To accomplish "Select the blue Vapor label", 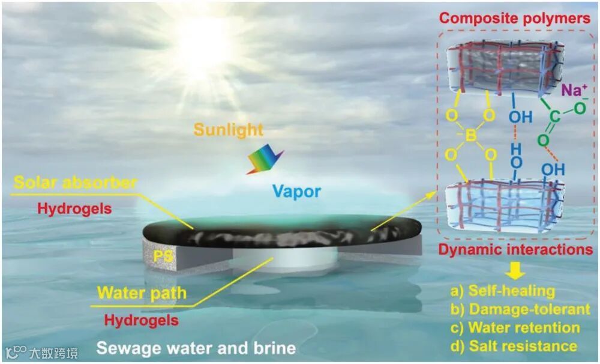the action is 296,192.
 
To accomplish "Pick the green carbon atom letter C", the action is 554,117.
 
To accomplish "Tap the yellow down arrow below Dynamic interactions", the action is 514,271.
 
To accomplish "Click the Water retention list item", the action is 515,328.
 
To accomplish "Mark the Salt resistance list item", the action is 514,346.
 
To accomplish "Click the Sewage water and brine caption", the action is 196,348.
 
